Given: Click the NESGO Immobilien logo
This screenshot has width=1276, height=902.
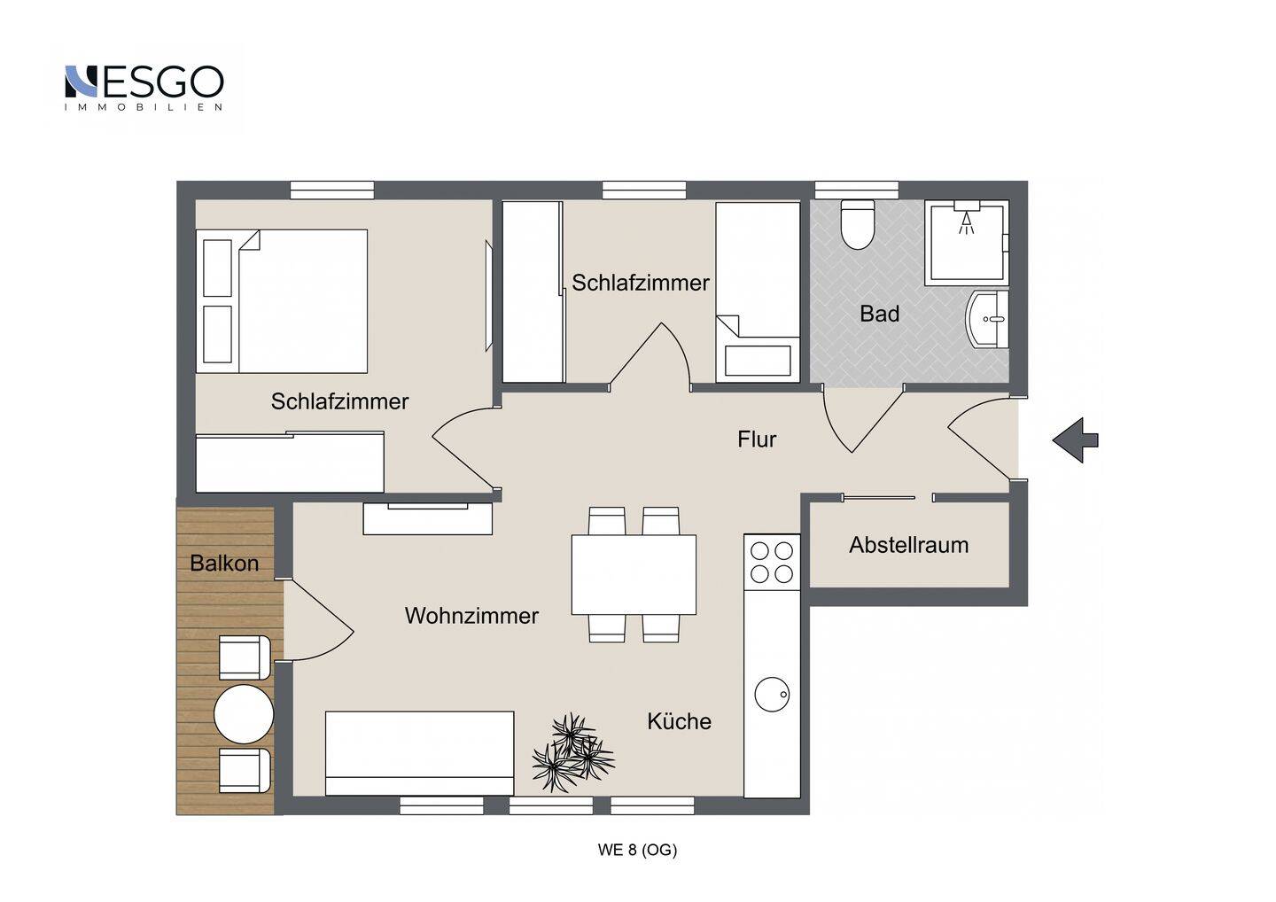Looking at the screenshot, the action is pos(144,88).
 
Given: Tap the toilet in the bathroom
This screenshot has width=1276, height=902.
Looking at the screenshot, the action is pos(858,224).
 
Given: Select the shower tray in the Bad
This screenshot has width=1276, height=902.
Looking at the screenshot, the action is pos(967,243).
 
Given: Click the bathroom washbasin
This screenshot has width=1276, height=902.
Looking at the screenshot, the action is pos(988,319).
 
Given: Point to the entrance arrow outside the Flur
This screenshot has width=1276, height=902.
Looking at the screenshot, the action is pos(1075,440).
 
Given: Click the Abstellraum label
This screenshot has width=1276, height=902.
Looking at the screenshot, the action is pos(908,546).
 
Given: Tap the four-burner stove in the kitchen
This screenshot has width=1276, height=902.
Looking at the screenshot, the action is pos(772,563).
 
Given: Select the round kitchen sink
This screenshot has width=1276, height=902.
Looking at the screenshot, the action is pos(773,695).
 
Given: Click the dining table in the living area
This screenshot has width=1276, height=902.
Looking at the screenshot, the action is pos(634,574).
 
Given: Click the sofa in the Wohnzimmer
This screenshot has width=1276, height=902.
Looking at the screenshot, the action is pos(420,753).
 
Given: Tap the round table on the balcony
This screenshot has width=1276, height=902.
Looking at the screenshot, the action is pos(244,714).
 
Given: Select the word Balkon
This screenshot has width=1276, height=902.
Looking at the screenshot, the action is pos(224,564).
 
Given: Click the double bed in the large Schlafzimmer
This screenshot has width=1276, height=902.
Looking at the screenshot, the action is pos(282,301).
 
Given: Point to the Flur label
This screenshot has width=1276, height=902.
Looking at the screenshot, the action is pos(757,439).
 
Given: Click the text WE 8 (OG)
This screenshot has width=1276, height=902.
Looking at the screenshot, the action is pos(637,850).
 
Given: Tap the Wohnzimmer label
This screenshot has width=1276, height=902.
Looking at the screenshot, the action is pos(471,616).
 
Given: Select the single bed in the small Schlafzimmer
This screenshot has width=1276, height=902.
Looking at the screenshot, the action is pos(759,292).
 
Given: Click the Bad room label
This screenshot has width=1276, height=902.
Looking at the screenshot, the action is pos(880,314).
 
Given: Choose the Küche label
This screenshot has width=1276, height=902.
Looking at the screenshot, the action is pos(680,721).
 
